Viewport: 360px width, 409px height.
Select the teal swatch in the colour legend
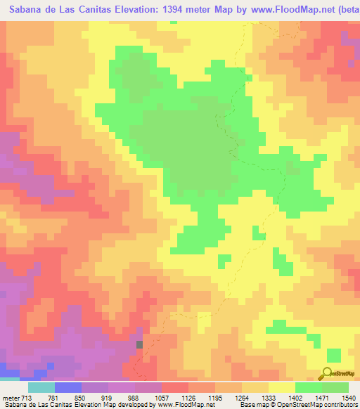click(41, 388)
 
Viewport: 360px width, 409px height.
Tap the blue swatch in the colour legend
click(67, 388)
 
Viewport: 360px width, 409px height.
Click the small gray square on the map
click(139, 344)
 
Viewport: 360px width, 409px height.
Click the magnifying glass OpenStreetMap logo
click(328, 372)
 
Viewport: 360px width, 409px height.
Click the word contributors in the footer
click(340, 404)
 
